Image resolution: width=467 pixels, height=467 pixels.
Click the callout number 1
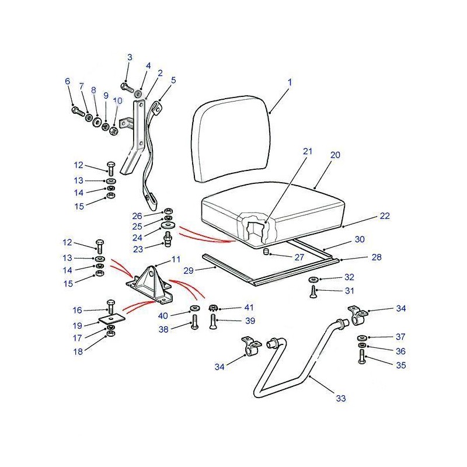290,82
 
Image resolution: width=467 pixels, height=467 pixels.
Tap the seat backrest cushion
231,139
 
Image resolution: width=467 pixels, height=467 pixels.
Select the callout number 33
341,398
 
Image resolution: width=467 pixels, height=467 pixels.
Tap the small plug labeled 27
266,252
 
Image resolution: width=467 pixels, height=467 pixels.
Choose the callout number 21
308,151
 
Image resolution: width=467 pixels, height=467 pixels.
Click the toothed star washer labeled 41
212,308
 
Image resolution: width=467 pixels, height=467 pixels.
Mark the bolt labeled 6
78,111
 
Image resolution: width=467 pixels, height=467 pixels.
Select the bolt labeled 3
127,87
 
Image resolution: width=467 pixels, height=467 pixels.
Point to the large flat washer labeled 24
168,225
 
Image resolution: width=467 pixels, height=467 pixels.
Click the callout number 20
335,155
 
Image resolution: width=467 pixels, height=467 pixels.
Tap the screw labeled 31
313,291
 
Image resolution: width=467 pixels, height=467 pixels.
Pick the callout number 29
189,270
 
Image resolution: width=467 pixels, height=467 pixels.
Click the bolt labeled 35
362,357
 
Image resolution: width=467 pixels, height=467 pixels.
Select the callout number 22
385,215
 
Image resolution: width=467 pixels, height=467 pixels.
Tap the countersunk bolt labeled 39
212,321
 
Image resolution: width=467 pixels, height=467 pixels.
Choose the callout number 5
173,80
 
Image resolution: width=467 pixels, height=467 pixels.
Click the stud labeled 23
168,238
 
